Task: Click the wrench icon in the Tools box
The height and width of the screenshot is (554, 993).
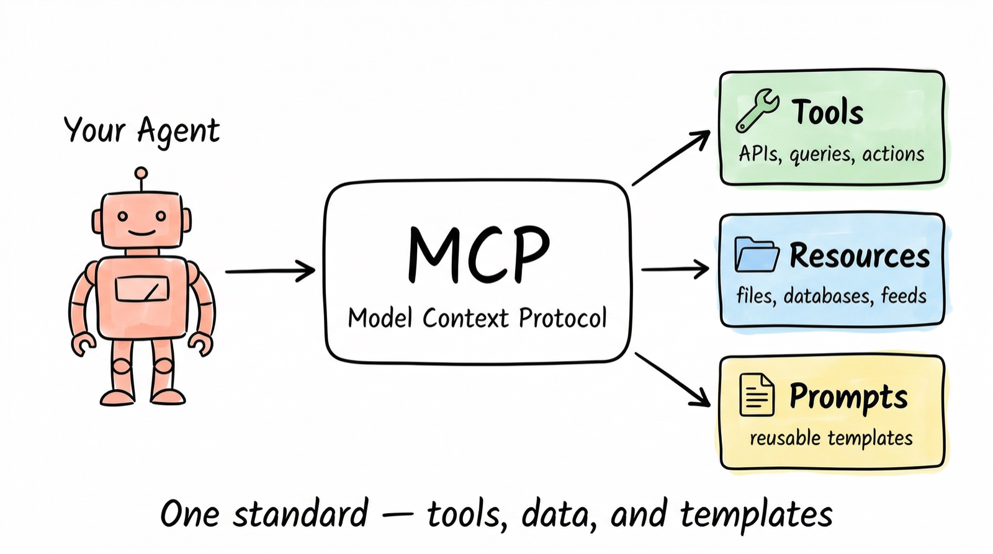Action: (x=757, y=110)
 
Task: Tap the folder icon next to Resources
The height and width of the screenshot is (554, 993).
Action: (x=756, y=254)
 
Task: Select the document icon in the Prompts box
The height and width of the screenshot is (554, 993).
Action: (x=757, y=395)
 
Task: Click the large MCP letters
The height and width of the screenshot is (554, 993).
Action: (x=479, y=254)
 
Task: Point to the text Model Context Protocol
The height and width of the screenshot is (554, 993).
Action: (x=477, y=318)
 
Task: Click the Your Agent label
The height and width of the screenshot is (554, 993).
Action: (x=142, y=131)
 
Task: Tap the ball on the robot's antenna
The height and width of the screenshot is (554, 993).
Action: (x=142, y=173)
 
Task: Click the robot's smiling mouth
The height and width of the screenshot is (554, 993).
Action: (x=142, y=233)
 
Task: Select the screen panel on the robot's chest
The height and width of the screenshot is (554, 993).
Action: (x=142, y=289)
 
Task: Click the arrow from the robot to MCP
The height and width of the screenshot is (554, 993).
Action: (x=270, y=271)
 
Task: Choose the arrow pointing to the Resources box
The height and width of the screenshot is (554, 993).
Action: (x=675, y=269)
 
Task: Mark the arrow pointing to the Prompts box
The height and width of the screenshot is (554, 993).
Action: (x=673, y=380)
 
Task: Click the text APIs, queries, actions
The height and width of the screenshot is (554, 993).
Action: (x=831, y=154)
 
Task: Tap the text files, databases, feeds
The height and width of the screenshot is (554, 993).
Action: (x=831, y=296)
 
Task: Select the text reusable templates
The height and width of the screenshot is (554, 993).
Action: (x=831, y=438)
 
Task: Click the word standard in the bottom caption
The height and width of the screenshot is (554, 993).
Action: (x=300, y=514)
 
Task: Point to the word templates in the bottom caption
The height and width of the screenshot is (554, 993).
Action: (x=755, y=514)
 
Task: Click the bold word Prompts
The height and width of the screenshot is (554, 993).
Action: (x=848, y=396)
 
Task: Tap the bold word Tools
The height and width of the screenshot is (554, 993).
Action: (x=827, y=112)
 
